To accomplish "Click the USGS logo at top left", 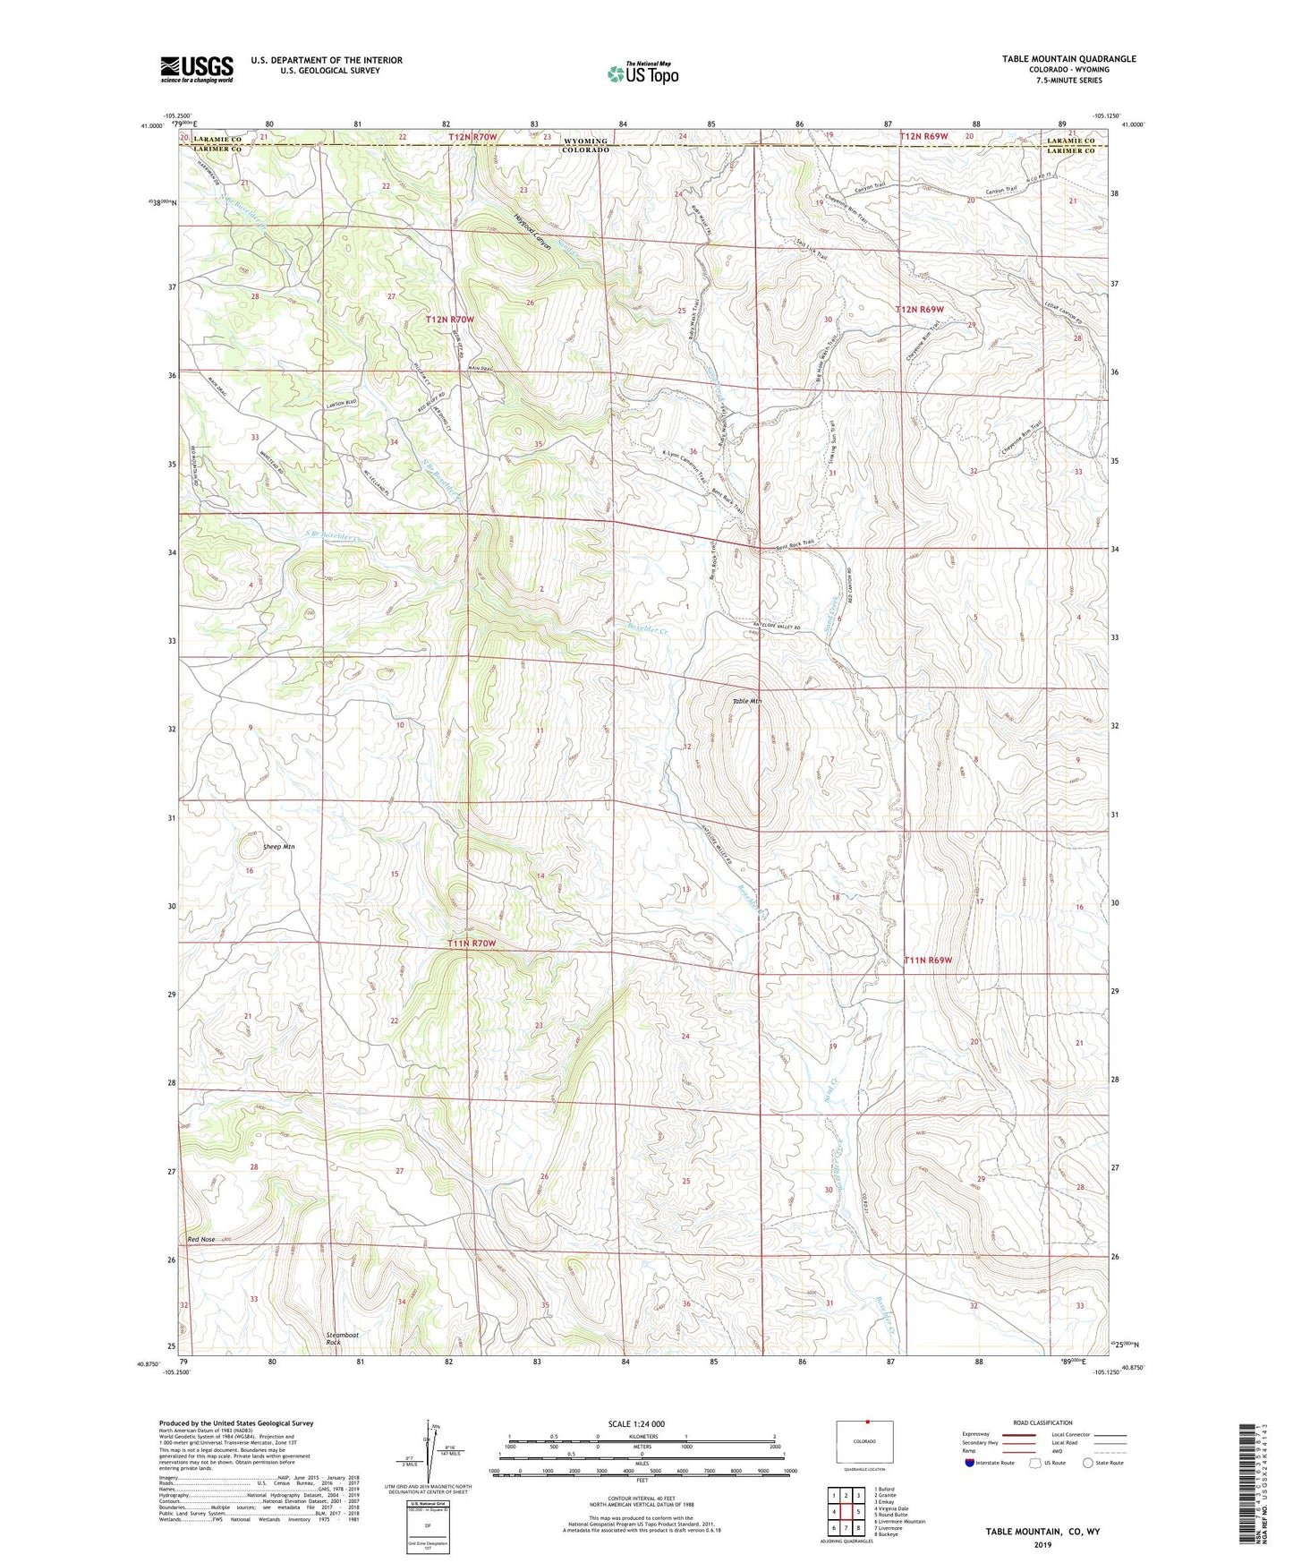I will tap(197, 69).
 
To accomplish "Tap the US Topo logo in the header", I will tap(642, 73).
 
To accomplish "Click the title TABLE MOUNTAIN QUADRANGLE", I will tap(1068, 59).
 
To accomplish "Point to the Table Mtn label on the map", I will tap(746, 701).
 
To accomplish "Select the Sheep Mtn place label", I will tap(278, 846).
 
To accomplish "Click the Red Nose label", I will tap(201, 1239).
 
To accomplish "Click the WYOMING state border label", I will tap(585, 141).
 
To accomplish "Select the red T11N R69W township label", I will tap(927, 960).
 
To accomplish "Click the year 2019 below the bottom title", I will tap(1042, 1545).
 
